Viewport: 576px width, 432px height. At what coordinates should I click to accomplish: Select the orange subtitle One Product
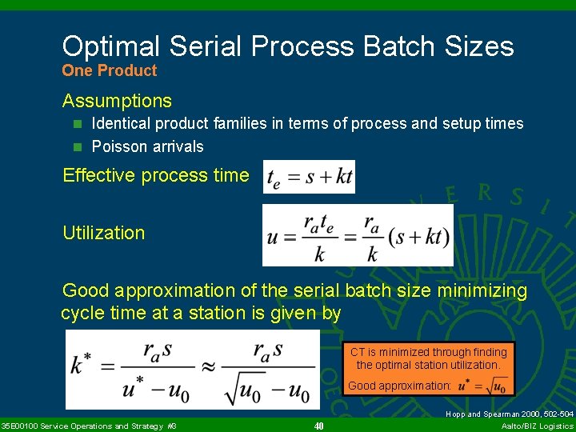110,70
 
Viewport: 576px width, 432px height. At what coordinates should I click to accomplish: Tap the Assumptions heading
117,101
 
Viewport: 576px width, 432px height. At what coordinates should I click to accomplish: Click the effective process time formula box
309,177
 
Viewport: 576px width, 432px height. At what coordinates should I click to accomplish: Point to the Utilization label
104,233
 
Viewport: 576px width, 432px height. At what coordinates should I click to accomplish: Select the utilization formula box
358,235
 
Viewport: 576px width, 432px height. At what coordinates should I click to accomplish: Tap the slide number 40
318,426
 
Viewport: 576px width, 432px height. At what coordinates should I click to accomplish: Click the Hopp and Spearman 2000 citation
510,414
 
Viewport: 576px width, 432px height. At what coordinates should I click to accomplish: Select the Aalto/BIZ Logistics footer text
537,426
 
